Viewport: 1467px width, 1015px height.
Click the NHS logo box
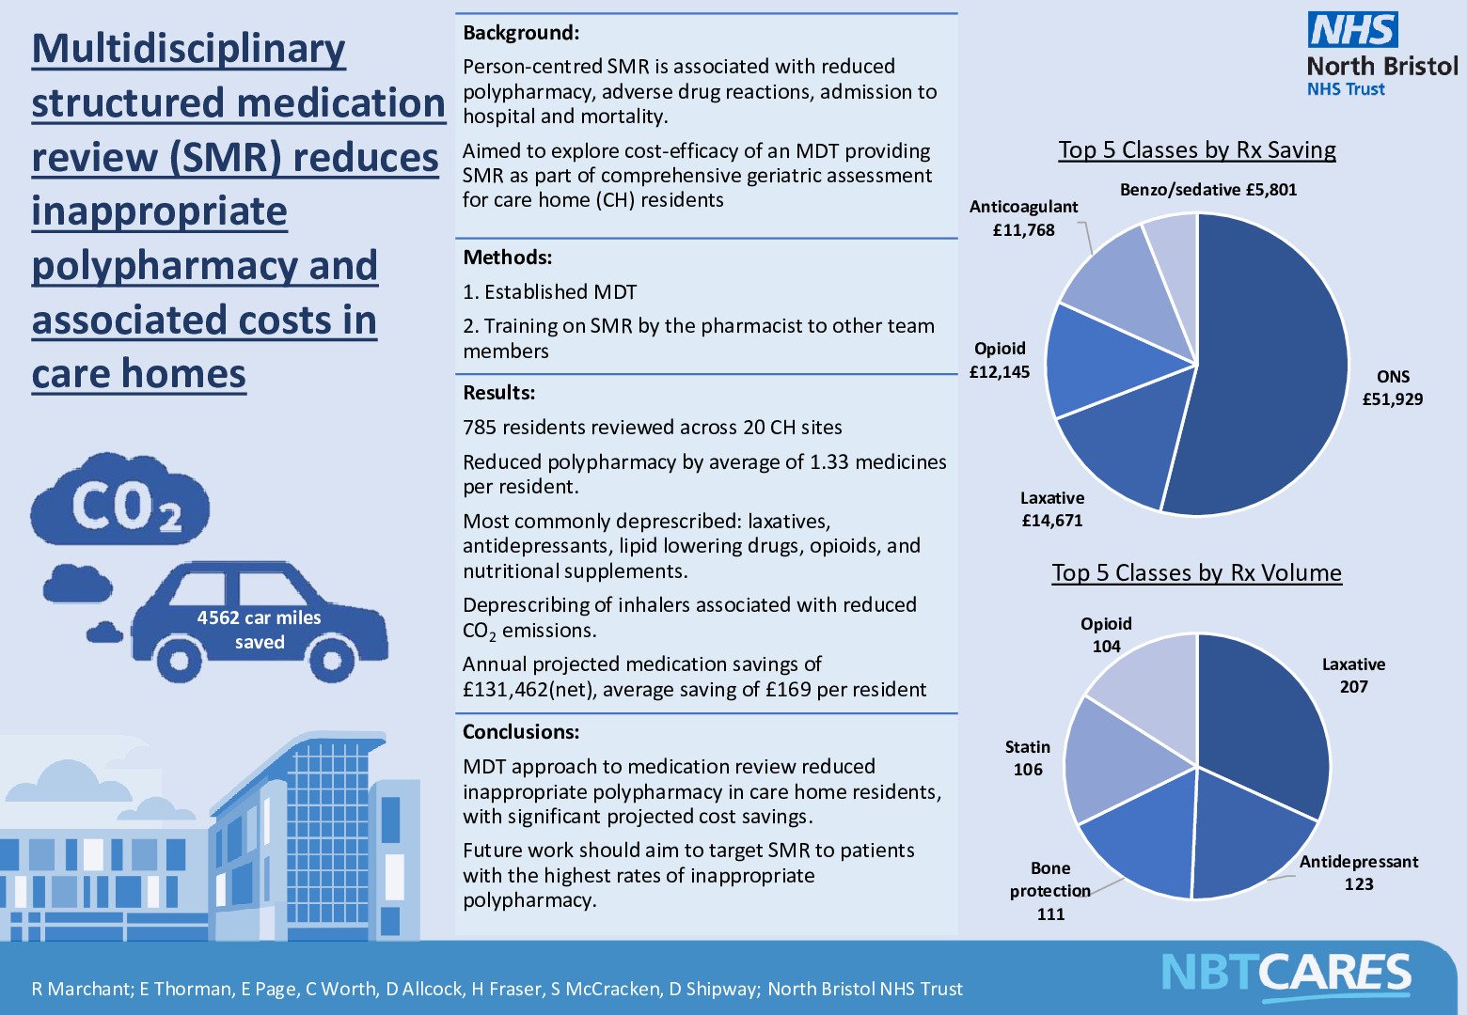(x=1352, y=30)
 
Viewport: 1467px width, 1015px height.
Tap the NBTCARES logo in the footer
(x=1286, y=973)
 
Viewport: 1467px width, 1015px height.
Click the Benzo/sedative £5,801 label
(x=1207, y=190)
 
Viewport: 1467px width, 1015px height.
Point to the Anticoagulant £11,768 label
(x=1023, y=218)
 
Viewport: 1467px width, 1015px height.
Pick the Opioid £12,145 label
(x=1000, y=360)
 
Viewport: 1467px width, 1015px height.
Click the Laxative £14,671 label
(x=1052, y=508)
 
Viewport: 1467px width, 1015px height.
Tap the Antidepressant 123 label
(x=1358, y=872)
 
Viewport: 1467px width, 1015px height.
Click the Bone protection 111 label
(x=1049, y=890)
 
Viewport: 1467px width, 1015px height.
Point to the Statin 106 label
(x=1027, y=757)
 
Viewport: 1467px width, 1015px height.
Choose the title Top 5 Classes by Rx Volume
(x=1196, y=572)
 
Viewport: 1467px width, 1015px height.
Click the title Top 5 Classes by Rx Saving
(x=1196, y=149)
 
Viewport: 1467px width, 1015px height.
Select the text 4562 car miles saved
(x=259, y=630)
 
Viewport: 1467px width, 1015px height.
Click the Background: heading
(x=521, y=33)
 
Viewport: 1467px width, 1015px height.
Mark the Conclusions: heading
(x=521, y=732)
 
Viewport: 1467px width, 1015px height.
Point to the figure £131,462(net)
(x=530, y=690)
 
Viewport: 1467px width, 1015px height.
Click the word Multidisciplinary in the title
(x=189, y=49)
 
